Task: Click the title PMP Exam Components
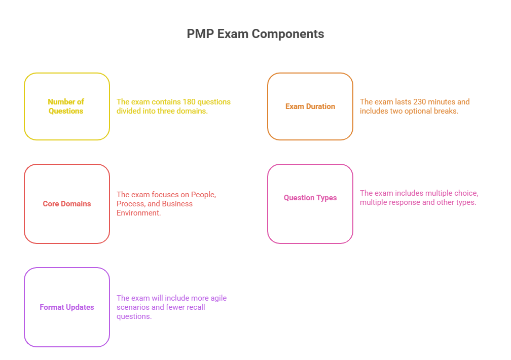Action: (x=255, y=34)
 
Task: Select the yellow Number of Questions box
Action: (x=66, y=106)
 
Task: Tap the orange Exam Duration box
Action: (x=310, y=106)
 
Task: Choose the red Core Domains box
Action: (x=66, y=204)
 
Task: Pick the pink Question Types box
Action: (x=310, y=198)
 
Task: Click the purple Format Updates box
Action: (x=66, y=307)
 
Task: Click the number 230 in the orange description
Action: (x=420, y=102)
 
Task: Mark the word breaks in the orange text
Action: (x=447, y=111)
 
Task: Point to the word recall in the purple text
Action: (x=195, y=307)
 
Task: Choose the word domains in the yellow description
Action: (x=194, y=111)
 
